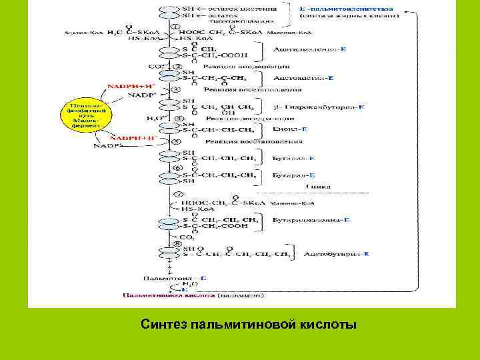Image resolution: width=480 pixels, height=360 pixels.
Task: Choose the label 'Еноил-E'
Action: point(290,128)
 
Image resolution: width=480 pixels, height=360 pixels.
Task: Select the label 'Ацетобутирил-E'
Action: point(337,254)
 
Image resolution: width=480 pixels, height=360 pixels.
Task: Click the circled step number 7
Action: point(178,193)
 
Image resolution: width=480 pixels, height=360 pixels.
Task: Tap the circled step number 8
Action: point(177,244)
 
